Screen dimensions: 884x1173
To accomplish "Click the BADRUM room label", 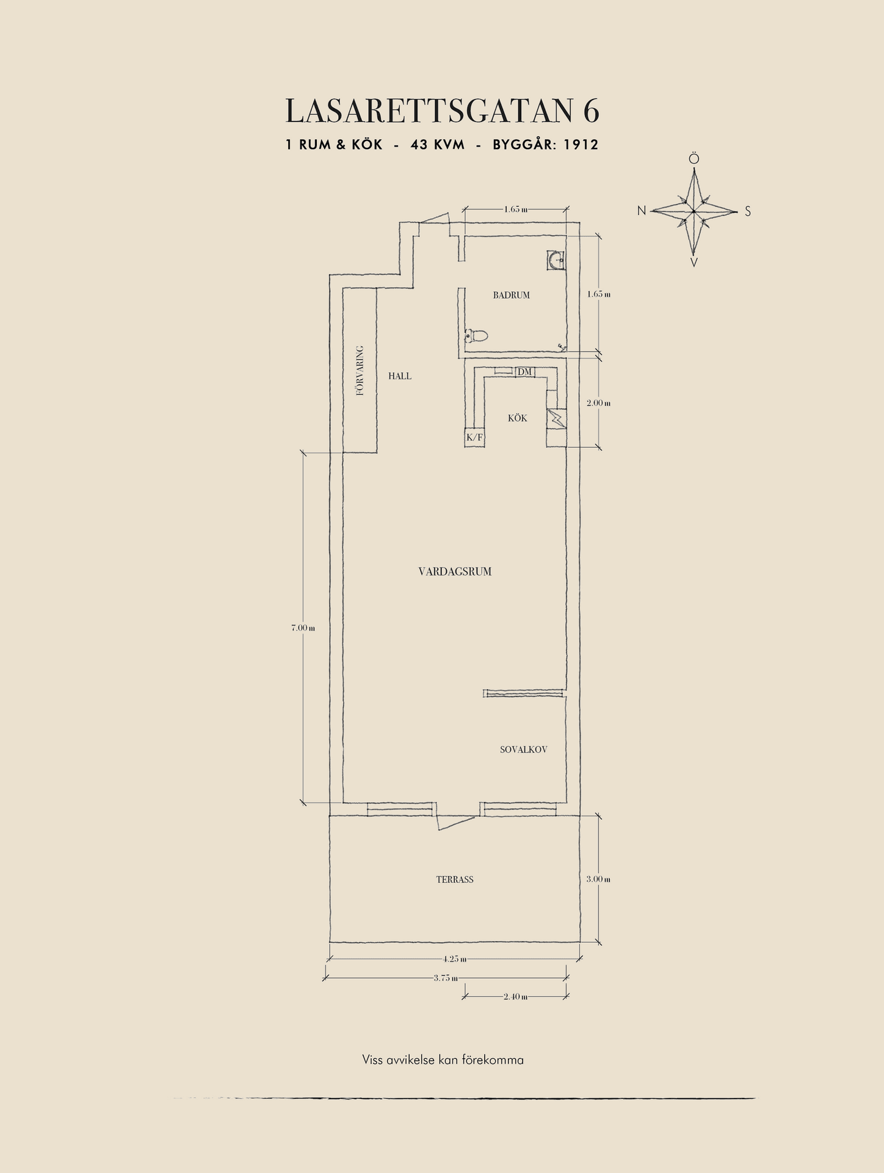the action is [x=511, y=295].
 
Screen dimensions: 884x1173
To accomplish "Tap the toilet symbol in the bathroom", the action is [x=476, y=335].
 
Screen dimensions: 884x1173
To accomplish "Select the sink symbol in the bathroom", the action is [x=556, y=261].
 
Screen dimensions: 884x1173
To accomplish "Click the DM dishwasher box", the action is [x=524, y=371].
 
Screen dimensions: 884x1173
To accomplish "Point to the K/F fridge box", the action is [x=474, y=437].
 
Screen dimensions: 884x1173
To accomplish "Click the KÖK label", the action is [x=517, y=418].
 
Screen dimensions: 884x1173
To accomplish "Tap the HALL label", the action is [x=400, y=376].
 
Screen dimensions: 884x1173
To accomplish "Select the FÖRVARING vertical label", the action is [x=360, y=371].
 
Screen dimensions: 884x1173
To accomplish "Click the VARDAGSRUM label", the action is [x=455, y=572].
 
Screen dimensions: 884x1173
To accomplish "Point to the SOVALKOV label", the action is [x=523, y=750].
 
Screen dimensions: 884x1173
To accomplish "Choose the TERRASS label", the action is [x=455, y=880].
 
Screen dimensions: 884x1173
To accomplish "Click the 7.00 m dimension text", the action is [x=303, y=627].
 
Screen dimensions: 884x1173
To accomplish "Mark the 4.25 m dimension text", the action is [x=454, y=959].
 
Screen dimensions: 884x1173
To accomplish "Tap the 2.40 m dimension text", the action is [x=516, y=996].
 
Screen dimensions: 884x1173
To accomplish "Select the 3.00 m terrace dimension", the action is [x=598, y=879].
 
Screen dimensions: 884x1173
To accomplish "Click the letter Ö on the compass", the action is [x=694, y=159].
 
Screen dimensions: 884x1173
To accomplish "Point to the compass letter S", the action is [x=748, y=212].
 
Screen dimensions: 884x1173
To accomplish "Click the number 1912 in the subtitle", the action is [x=581, y=145].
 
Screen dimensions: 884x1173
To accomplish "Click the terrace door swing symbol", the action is [x=455, y=821].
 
